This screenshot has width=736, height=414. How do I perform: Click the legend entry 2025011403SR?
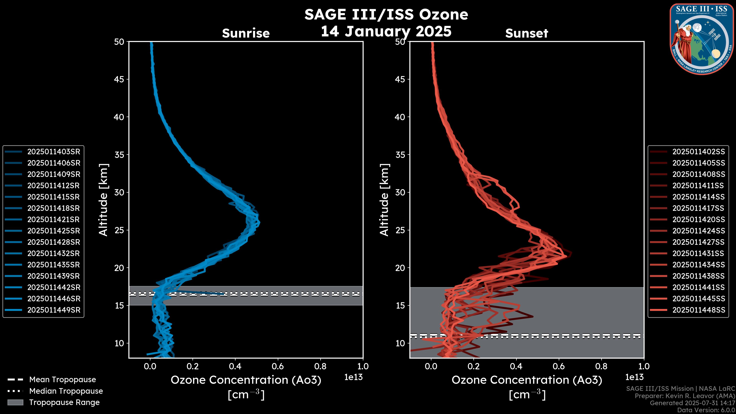tap(54, 152)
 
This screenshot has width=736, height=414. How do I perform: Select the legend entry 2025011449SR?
tap(54, 310)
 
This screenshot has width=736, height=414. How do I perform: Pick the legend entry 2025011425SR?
tap(54, 231)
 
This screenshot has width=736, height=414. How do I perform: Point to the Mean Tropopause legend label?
tap(62, 380)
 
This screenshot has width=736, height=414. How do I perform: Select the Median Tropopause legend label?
tap(66, 391)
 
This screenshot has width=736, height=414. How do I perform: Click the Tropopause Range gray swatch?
tap(15, 402)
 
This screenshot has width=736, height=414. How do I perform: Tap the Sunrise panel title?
tap(246, 33)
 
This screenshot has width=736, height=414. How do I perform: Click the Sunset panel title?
tap(527, 33)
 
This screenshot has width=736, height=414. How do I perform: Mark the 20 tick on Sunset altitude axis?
tap(400, 268)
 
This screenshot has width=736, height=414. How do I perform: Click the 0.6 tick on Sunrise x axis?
tap(278, 366)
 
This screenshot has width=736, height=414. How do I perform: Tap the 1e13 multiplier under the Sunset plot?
tap(634, 377)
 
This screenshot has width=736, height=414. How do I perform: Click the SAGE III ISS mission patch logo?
tap(702, 39)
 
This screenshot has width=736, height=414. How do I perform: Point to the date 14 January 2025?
tap(386, 31)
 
